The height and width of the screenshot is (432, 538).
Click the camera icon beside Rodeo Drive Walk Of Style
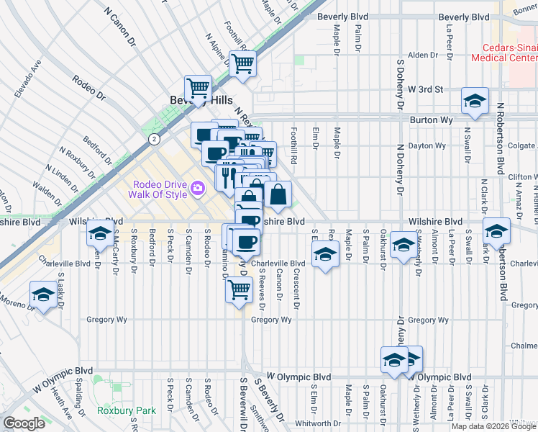click(x=198, y=189)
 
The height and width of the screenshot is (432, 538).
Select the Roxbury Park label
click(x=127, y=410)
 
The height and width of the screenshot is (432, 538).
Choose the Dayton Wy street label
click(x=427, y=145)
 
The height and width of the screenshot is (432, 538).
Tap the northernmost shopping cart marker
click(x=243, y=63)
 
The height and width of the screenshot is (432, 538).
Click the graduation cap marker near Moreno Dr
click(x=43, y=294)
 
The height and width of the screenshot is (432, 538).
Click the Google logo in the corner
click(x=24, y=423)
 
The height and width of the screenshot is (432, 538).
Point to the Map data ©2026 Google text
click(x=493, y=426)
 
